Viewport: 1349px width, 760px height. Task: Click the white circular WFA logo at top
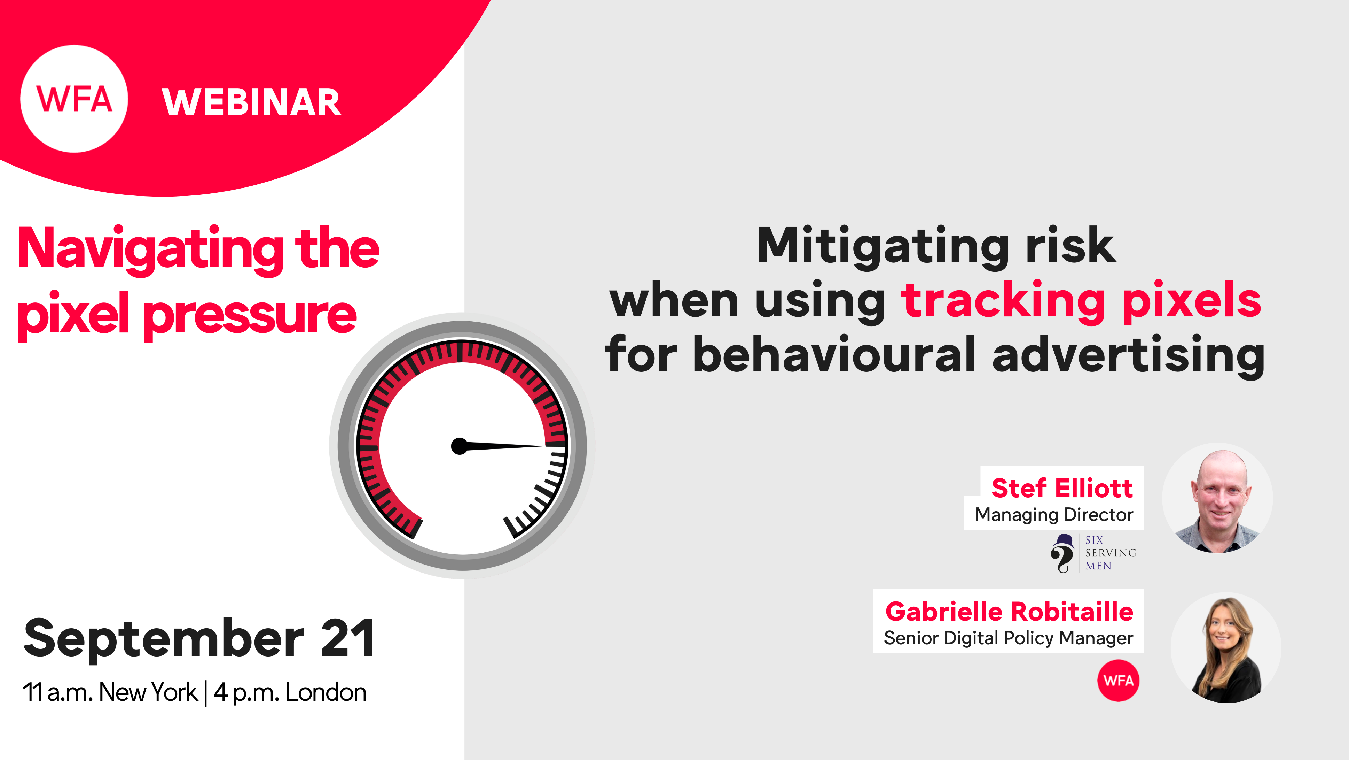coord(74,99)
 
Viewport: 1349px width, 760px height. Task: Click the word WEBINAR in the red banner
coord(251,102)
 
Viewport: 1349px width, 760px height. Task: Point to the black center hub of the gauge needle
coord(459,446)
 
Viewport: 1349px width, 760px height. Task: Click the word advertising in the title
coord(1129,356)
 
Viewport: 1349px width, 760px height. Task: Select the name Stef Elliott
coord(1062,488)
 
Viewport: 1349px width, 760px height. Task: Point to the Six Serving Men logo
coord(1093,553)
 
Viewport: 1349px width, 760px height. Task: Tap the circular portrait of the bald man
coord(1217,498)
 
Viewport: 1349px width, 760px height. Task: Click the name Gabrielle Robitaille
coord(1009,612)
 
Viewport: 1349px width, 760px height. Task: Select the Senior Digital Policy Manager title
coord(1008,638)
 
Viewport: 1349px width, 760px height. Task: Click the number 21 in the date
coord(348,638)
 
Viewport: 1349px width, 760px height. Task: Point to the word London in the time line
coord(326,692)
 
